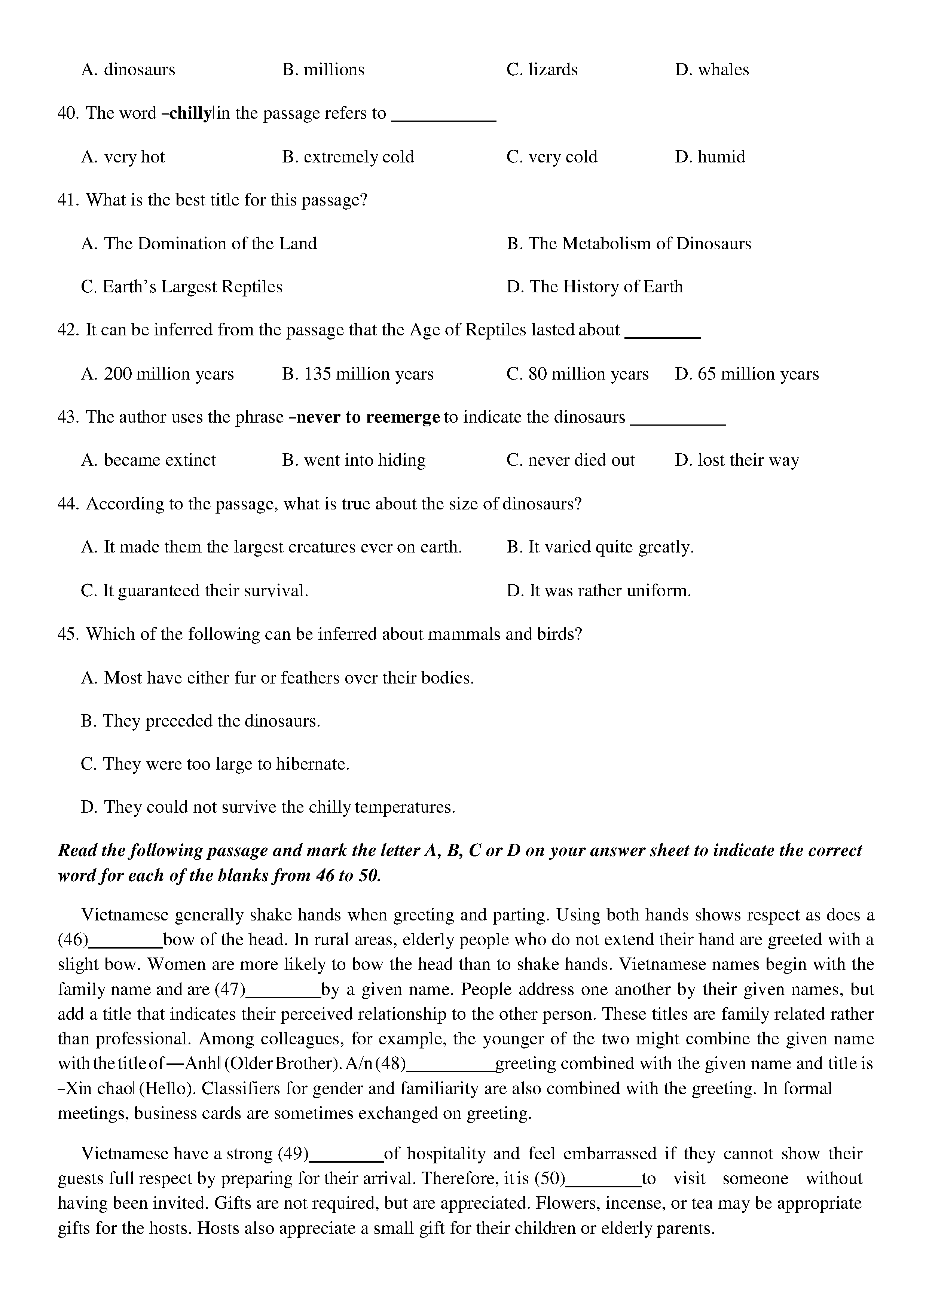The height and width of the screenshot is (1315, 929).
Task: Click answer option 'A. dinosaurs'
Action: click(128, 70)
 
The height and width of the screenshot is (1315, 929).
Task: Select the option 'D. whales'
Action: click(712, 70)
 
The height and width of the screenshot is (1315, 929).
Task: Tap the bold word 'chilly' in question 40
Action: click(190, 113)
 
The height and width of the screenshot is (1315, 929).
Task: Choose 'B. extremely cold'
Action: click(348, 157)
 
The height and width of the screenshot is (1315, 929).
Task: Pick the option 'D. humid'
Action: click(710, 157)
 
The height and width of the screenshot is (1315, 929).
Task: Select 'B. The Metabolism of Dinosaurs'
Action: click(629, 244)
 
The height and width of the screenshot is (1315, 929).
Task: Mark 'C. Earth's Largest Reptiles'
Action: click(182, 287)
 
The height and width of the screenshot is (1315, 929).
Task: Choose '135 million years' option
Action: click(358, 374)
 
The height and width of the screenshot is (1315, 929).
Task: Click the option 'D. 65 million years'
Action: click(746, 374)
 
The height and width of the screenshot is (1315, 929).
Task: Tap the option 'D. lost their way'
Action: click(737, 460)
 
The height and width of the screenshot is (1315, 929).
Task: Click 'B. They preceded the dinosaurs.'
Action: click(200, 721)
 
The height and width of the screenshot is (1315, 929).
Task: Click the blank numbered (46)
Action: click(126, 940)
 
